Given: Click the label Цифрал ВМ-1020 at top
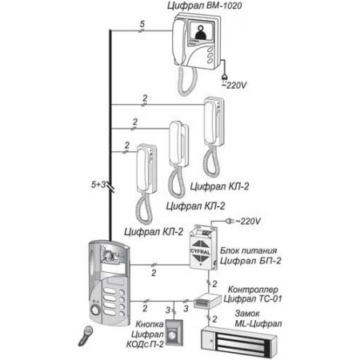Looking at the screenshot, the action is point(205,6).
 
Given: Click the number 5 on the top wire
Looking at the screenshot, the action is point(142,24).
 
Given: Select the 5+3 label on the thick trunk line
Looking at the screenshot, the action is point(98,185).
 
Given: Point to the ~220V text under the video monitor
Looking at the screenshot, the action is point(234,86).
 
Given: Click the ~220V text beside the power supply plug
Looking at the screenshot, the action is point(248,222).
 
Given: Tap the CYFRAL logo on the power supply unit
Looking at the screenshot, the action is point(200,251).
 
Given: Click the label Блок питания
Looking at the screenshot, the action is point(248,251).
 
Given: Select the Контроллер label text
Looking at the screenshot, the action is point(253,290).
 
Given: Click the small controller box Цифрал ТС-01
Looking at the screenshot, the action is point(207,301).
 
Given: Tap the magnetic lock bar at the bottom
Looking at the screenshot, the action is point(238,339).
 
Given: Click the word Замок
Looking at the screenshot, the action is point(247,314).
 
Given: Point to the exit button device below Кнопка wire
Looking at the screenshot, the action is point(174,331).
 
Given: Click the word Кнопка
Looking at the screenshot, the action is point(150,325).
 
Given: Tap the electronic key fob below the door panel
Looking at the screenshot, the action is point(86,336).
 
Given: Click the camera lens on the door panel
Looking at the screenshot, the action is point(109,256).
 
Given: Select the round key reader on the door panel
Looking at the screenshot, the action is point(95,310).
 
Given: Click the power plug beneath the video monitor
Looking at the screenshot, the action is point(225,77).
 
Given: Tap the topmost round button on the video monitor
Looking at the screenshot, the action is point(210,50).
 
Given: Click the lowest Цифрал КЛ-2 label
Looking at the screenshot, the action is point(154,232).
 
